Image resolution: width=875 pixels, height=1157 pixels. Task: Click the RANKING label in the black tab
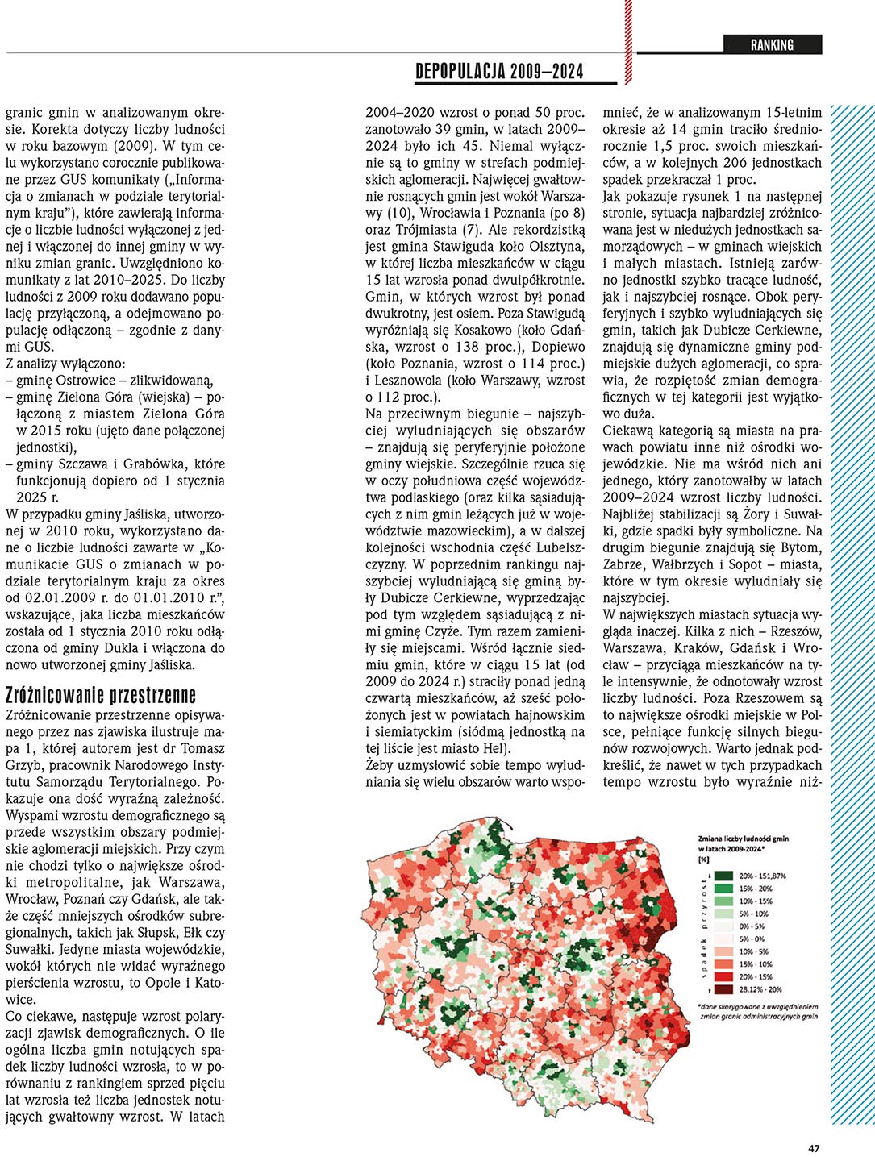click(772, 45)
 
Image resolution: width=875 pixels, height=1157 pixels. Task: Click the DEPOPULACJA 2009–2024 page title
click(499, 72)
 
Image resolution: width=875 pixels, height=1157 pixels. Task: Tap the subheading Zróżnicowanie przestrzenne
click(101, 695)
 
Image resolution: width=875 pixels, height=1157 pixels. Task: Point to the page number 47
click(814, 1148)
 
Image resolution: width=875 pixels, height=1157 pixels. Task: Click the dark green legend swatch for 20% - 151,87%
click(724, 876)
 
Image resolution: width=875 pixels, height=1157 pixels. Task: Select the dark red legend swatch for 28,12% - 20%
click(724, 989)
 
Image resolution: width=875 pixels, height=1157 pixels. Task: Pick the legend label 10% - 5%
click(755, 951)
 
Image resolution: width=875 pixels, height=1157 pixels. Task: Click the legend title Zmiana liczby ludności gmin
click(743, 839)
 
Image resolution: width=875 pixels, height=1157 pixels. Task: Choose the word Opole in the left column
click(171, 983)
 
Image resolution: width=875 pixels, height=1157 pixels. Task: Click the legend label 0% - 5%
click(752, 926)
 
